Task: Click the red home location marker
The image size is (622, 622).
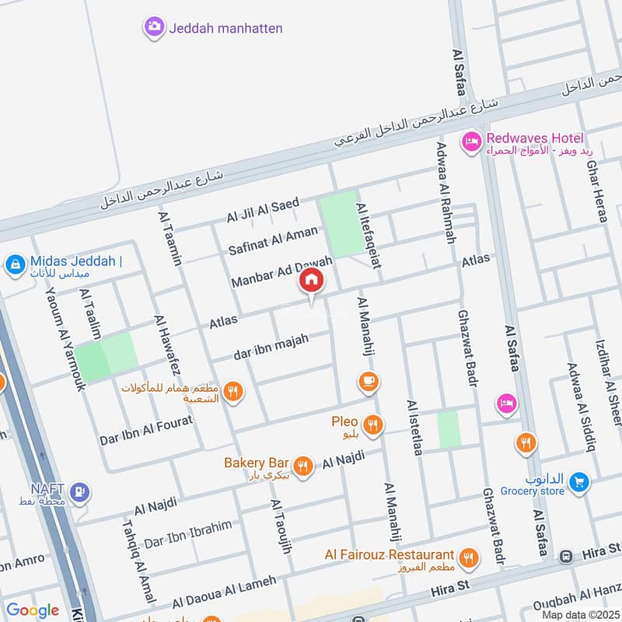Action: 311,281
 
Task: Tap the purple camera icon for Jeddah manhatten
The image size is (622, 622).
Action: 154,28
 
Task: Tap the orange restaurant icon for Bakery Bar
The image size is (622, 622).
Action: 303,466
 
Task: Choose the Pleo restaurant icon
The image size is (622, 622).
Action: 373,424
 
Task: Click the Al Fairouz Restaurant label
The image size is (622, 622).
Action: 390,555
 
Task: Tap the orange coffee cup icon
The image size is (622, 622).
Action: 369,381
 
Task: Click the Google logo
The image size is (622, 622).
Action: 33,610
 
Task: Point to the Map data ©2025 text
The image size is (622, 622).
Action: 579,614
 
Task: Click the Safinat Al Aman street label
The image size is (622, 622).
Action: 273,240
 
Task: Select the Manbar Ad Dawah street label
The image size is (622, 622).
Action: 281,271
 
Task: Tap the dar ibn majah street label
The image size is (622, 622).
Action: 271,348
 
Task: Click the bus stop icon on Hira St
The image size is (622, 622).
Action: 567,556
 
